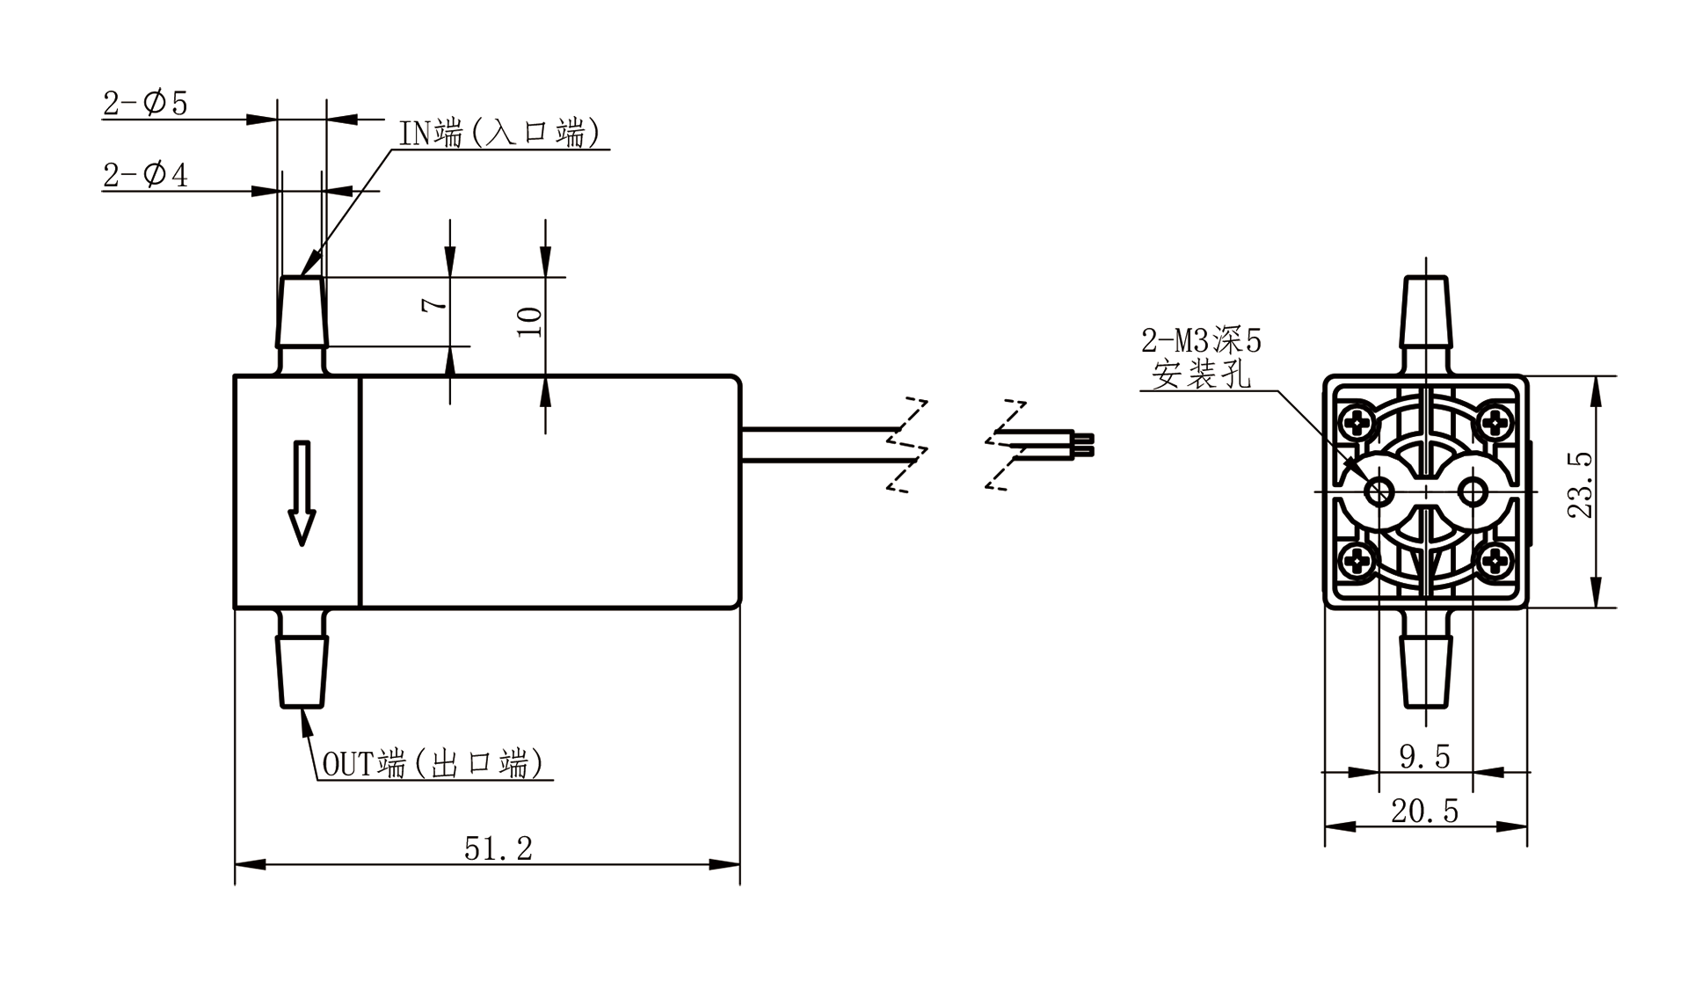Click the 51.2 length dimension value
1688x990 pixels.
tap(498, 848)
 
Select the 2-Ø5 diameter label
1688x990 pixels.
tap(146, 104)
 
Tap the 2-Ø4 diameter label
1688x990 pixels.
tap(146, 175)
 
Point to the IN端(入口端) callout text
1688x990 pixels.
tap(499, 133)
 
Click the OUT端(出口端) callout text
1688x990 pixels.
tap(433, 763)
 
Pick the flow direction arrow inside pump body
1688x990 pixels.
tap(302, 492)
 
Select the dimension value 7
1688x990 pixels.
tap(433, 304)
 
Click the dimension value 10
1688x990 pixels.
tap(529, 322)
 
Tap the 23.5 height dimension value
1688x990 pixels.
tap(1581, 484)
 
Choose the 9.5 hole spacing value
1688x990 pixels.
tap(1424, 756)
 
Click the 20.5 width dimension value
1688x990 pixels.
tap(1424, 811)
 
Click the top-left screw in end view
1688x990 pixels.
tap(1359, 424)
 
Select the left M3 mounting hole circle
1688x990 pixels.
tap(1379, 491)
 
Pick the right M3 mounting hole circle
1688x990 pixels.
tap(1473, 491)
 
